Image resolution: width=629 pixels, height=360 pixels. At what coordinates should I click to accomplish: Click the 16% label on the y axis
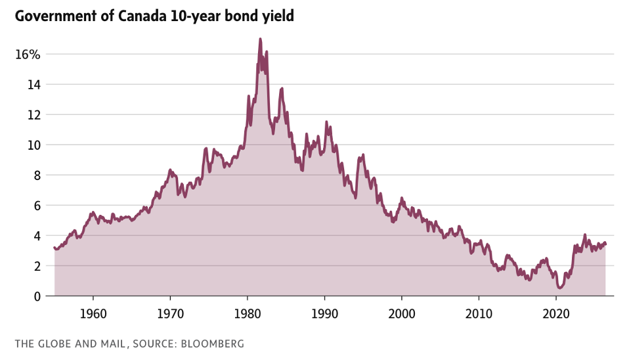[28, 55]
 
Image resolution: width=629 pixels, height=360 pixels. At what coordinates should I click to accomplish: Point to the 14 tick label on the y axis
[33, 85]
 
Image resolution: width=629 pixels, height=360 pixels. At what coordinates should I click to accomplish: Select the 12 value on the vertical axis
[33, 115]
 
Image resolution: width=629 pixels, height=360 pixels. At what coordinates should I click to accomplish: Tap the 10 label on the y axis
[33, 145]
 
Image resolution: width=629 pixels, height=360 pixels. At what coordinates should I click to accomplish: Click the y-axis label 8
[37, 175]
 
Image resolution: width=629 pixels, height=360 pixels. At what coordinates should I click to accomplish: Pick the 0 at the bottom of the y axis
[37, 296]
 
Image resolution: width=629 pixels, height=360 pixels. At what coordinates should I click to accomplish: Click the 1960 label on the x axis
[93, 313]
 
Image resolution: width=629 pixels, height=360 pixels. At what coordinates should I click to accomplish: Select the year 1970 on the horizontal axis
[170, 313]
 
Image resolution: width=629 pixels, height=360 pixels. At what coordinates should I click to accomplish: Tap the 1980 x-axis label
[248, 313]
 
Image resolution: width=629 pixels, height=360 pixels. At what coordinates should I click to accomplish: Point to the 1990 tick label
[324, 313]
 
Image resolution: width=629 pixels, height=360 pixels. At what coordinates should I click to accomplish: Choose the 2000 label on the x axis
[402, 313]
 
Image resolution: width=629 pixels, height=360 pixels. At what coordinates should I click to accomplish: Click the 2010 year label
[479, 313]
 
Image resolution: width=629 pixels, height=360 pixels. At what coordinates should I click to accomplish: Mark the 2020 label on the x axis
[556, 313]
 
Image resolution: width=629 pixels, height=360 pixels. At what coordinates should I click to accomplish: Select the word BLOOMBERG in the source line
[212, 344]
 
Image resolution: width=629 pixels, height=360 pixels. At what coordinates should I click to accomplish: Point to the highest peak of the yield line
[261, 39]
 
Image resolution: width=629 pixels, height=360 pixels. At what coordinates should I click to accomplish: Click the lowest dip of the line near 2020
[560, 288]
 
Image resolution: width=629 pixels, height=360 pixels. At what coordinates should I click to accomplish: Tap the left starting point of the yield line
[54, 248]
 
